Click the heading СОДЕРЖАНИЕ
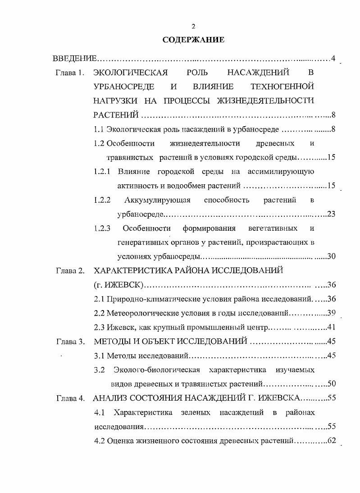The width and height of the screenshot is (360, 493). point(193,40)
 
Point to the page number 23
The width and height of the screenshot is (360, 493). point(331,214)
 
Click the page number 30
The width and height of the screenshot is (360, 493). point(331,256)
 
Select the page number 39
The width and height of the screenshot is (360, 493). point(331,313)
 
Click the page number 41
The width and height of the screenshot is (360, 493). point(331,327)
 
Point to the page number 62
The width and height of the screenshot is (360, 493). point(332,440)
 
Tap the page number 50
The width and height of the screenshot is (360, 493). point(331,384)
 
